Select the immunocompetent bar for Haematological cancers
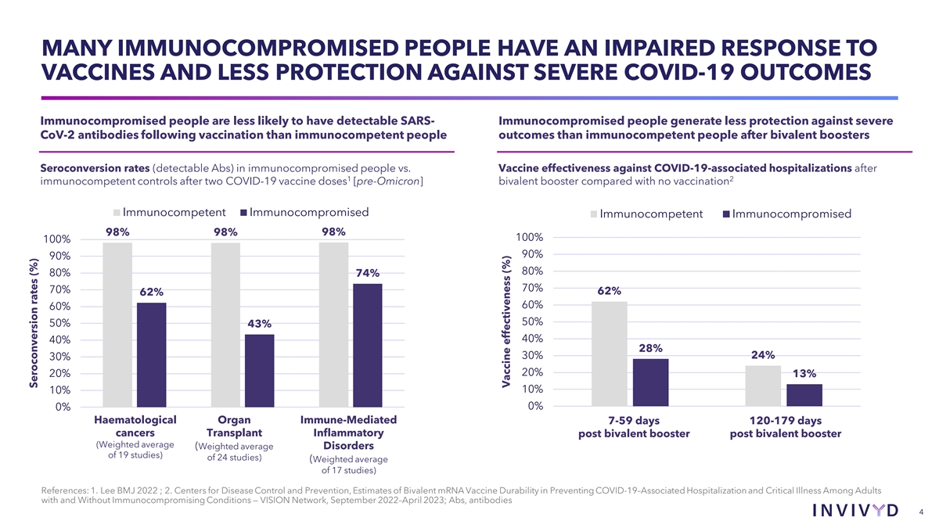(x=117, y=324)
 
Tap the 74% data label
(x=368, y=273)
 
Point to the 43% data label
(x=259, y=324)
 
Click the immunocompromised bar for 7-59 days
(x=650, y=383)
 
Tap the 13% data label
(x=804, y=373)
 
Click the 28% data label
(x=650, y=348)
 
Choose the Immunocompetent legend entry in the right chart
(x=646, y=214)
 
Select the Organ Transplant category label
(x=234, y=426)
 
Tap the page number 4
(x=922, y=512)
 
